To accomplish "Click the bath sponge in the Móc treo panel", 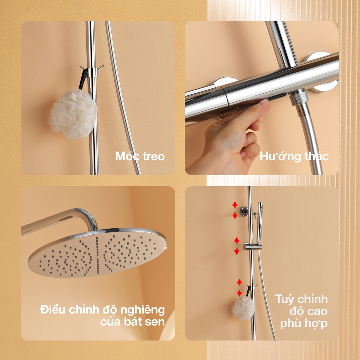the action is click(73, 114).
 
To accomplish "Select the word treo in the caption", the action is click(154, 157).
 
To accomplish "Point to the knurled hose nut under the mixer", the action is click(298, 97).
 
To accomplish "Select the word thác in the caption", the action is click(316, 156).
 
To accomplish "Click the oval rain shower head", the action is click(97, 253).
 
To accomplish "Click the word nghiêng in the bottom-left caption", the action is click(142, 310).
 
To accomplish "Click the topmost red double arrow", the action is click(235, 210).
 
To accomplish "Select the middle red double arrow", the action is click(237, 246).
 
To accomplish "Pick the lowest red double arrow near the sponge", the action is click(239, 288).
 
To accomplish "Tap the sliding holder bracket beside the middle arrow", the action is click(252, 247).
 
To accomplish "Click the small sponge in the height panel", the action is click(244, 308).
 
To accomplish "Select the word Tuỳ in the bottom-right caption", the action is click(286, 299).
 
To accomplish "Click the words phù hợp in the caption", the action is click(304, 324).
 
